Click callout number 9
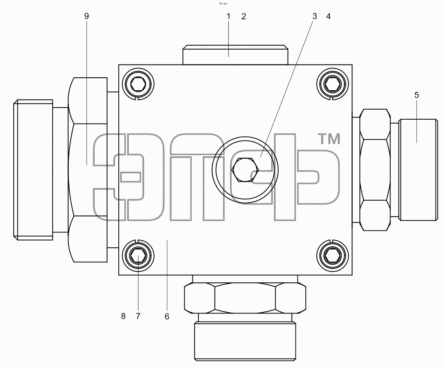(87, 16)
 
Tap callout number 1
(228, 17)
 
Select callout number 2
(244, 17)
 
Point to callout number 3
(315, 17)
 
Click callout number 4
(328, 17)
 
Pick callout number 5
(417, 95)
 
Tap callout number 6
(167, 316)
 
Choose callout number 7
(138, 316)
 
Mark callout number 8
(123, 316)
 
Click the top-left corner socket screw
(138, 84)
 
